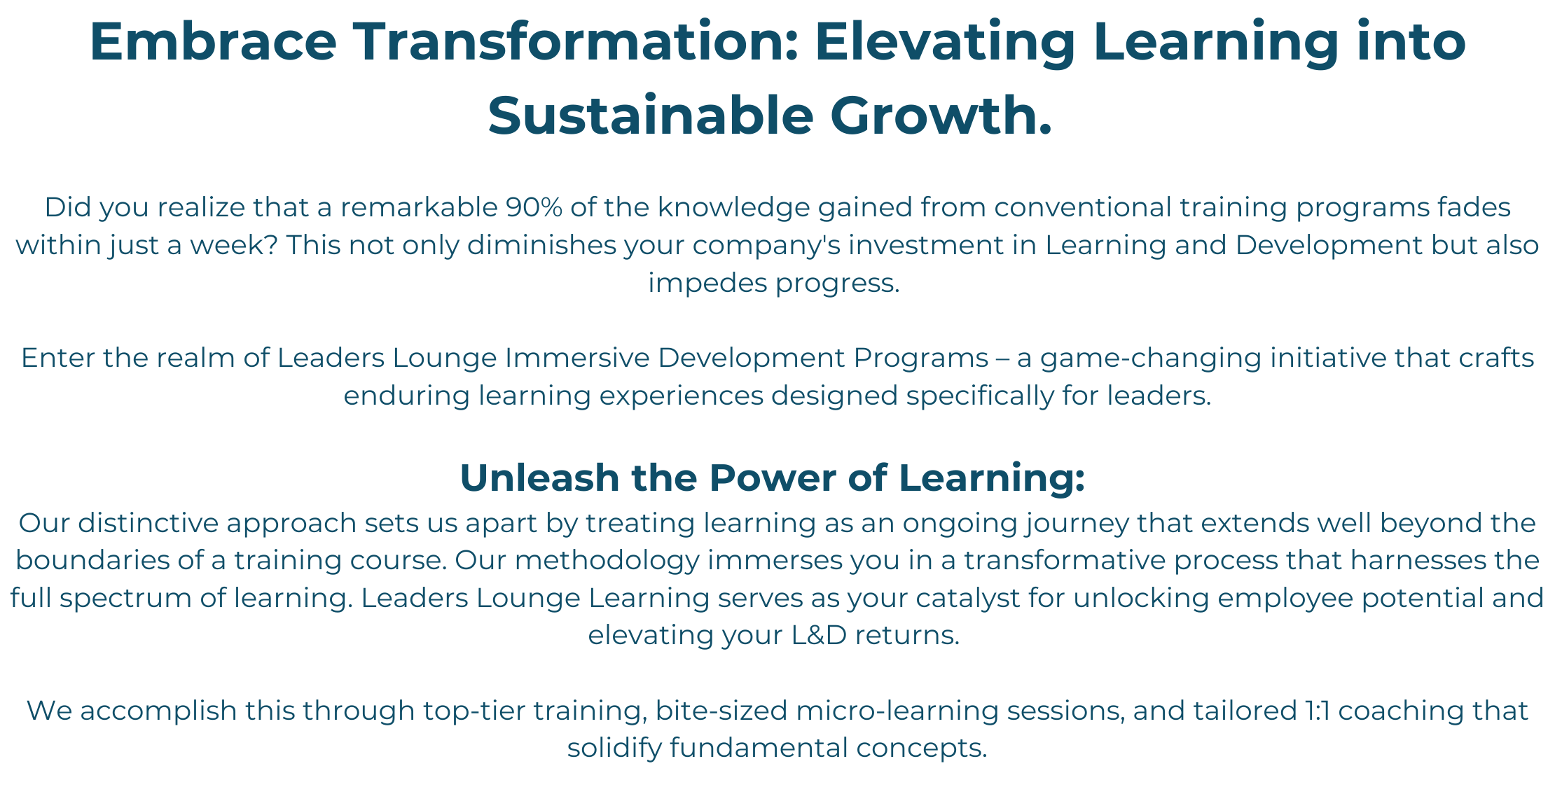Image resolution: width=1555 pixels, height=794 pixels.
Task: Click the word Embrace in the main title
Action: [x=213, y=41]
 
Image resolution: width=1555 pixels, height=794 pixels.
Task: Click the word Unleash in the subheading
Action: [x=539, y=478]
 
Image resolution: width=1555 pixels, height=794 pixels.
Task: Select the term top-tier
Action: [x=474, y=711]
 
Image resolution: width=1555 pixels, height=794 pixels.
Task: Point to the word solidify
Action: [x=614, y=748]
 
